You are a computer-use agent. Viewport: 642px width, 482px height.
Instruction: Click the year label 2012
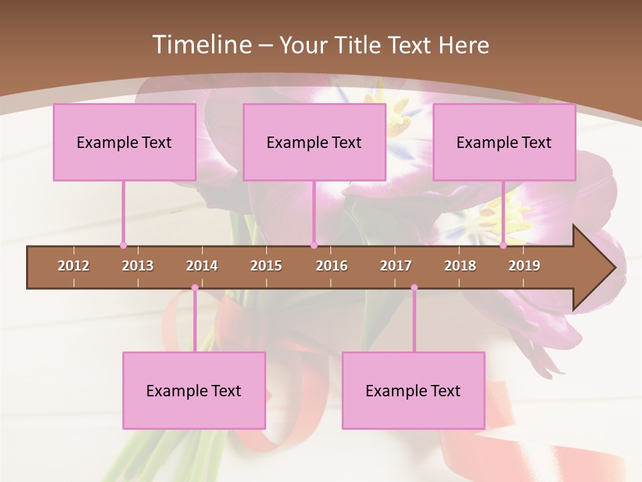coord(74,266)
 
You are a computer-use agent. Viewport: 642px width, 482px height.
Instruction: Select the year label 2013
coord(138,266)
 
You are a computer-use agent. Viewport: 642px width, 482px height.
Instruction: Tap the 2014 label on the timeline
coord(202,266)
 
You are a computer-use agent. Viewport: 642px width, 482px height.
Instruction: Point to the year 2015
coord(266,266)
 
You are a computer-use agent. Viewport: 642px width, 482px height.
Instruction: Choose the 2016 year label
coord(332,266)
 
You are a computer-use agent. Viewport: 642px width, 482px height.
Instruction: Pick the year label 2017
coord(396,266)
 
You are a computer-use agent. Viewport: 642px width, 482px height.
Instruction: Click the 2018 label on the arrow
coord(460,266)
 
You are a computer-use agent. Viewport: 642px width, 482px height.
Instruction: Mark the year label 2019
coord(524,266)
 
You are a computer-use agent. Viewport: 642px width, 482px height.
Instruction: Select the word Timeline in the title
coord(201,45)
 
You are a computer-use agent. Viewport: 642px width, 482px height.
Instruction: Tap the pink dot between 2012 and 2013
coord(123,246)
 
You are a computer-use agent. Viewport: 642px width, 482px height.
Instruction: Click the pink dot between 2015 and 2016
coord(314,246)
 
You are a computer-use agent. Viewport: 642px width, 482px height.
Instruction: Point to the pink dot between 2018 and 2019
coord(504,246)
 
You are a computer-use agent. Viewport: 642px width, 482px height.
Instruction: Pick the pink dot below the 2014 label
coord(195,288)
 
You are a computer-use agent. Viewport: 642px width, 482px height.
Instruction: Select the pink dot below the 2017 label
coord(414,288)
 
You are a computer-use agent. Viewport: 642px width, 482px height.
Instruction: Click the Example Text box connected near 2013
coord(124,142)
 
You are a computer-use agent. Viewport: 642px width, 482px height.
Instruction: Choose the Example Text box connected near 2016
coord(314,142)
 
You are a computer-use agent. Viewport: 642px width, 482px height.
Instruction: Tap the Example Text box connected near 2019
coord(504,142)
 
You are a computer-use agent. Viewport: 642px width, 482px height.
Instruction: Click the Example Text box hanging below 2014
coord(194,390)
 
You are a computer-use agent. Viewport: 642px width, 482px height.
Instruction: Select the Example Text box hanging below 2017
coord(413,390)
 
